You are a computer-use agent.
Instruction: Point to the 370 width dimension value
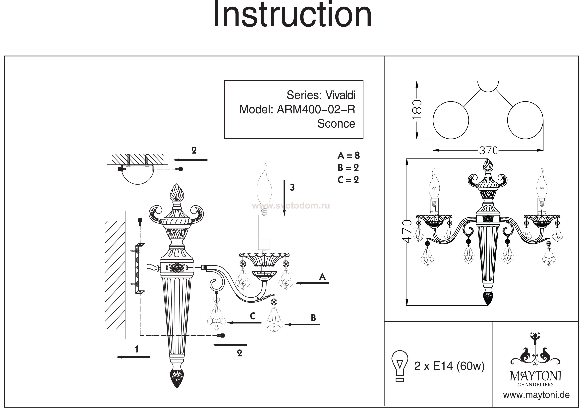click(488, 151)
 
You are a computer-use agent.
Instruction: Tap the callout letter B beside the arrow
click(313, 318)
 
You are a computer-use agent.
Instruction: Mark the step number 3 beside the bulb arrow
click(292, 188)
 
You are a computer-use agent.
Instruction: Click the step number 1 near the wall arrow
click(137, 350)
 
